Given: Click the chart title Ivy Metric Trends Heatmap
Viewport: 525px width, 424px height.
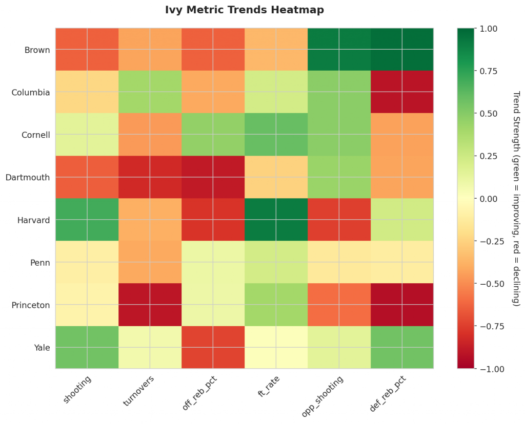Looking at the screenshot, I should click(x=244, y=10).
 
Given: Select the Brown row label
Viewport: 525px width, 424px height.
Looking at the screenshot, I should click(x=37, y=50).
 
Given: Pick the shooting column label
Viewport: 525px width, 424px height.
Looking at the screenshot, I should click(x=77, y=390).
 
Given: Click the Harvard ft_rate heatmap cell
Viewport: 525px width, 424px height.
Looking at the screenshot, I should click(x=276, y=220).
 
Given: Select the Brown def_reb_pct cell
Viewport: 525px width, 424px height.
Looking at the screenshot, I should click(x=402, y=50).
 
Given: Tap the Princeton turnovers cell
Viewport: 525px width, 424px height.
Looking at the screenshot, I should click(x=150, y=305).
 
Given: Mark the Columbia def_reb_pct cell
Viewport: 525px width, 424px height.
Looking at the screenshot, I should click(x=402, y=93).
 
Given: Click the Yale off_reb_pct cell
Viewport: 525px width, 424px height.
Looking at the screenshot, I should click(x=213, y=348).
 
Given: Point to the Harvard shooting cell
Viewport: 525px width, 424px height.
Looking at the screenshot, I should click(x=87, y=220).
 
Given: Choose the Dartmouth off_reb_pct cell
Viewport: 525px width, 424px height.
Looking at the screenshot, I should click(x=213, y=178).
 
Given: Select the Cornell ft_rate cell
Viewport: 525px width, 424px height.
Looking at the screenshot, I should click(x=276, y=135).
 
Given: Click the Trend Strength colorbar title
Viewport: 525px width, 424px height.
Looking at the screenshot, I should click(x=516, y=199).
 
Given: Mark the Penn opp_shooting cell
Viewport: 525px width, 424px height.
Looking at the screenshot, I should click(x=339, y=263).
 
